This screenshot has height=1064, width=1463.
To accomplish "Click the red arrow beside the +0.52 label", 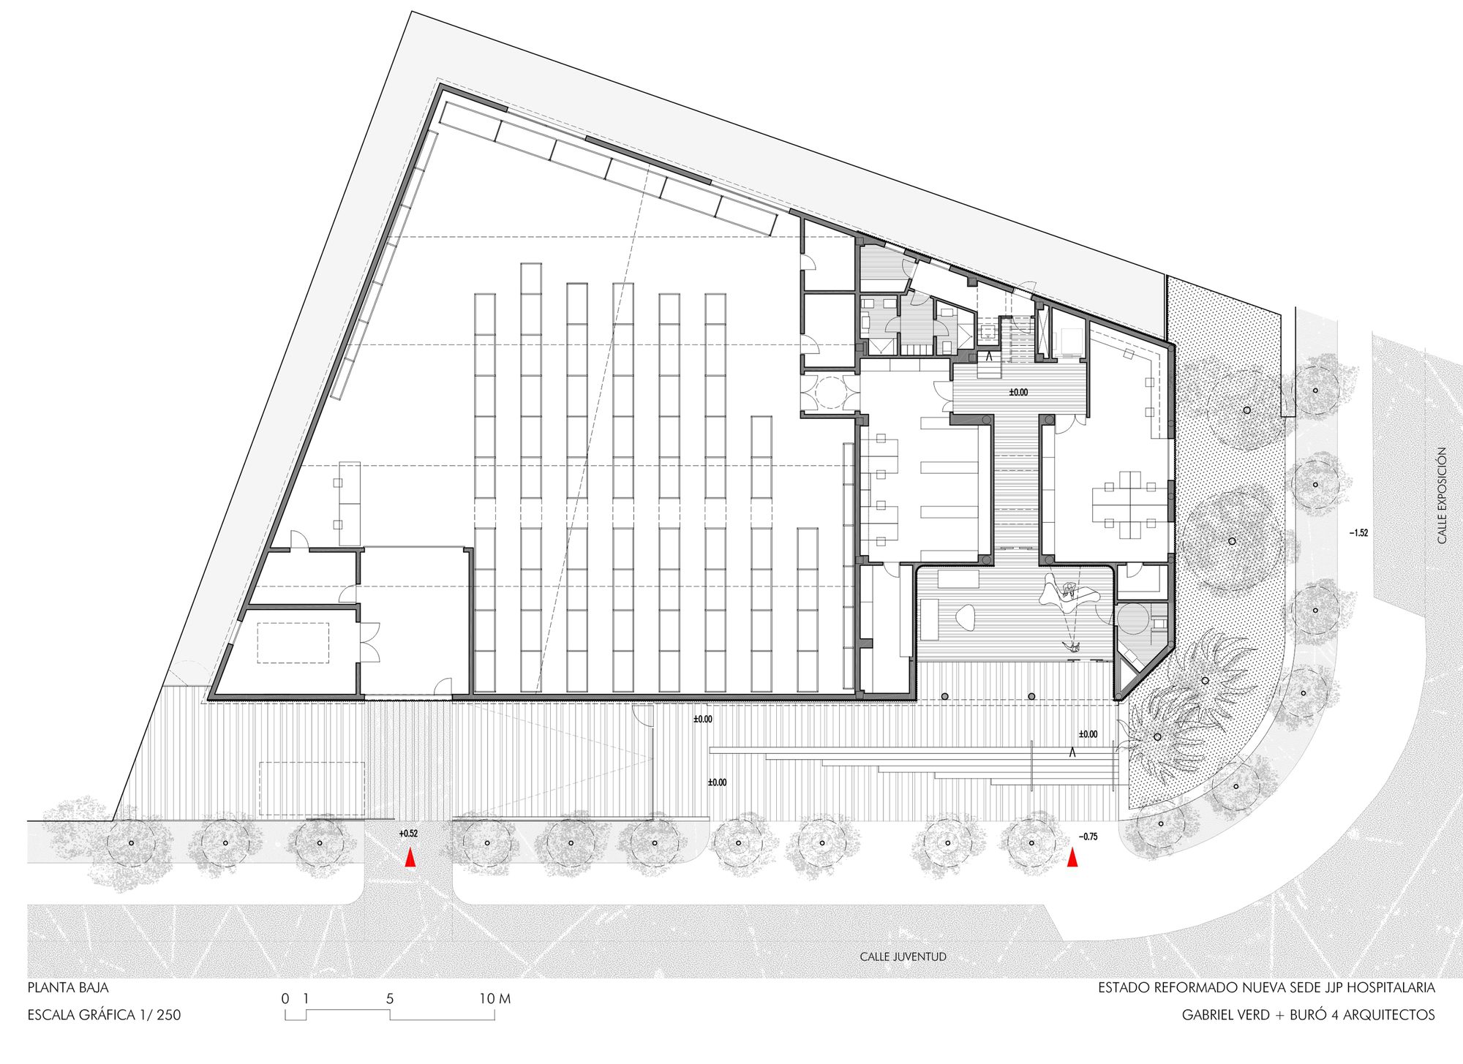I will (411, 858).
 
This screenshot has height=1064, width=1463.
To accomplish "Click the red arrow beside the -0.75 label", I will (1072, 858).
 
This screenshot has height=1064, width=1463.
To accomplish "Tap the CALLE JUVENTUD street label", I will (903, 957).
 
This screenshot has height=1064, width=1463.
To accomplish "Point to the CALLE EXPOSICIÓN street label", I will (1442, 495).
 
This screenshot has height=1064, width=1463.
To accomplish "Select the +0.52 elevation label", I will (408, 834).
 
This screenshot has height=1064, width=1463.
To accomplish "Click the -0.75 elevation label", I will (1088, 837).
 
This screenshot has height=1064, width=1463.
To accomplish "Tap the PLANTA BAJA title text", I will (68, 987).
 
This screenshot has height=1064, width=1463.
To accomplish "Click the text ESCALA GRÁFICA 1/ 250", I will (104, 1015).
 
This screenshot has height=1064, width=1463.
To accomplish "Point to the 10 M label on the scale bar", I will (494, 999).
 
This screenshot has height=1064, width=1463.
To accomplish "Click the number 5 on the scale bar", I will (390, 999).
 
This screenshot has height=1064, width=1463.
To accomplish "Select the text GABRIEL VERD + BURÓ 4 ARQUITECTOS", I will (1308, 1015).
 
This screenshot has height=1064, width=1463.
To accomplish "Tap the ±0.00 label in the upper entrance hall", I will (1018, 393).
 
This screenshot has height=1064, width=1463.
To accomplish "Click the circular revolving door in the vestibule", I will (830, 392).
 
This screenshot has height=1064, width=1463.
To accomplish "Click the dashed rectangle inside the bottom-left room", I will (293, 643).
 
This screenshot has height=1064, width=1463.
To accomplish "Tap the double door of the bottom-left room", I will (369, 642).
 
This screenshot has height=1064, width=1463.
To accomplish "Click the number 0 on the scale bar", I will (285, 999).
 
